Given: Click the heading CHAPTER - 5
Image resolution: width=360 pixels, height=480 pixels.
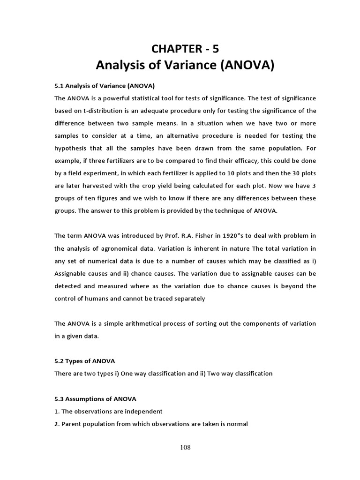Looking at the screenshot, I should [185, 48].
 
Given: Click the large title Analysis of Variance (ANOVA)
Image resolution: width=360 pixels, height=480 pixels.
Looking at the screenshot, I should [185, 66].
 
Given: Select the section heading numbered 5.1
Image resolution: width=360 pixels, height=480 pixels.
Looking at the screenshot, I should [105, 86].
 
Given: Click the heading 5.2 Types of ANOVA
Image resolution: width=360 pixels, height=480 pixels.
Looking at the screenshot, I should [84, 361].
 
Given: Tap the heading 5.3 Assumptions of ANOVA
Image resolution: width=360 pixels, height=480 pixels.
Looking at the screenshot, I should [95, 399].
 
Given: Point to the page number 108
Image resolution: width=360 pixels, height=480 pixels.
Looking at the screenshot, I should [185, 448].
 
